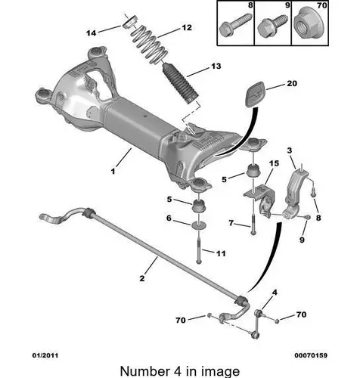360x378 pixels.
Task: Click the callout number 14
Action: pyautogui.click(x=92, y=33)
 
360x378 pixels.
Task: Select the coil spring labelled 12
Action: pyautogui.click(x=150, y=45)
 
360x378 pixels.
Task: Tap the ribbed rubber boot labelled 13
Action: pyautogui.click(x=181, y=84)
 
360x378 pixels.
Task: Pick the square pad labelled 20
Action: pyautogui.click(x=256, y=94)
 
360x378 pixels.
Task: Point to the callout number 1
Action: pyautogui.click(x=113, y=172)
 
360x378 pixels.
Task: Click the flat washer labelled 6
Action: pyautogui.click(x=199, y=225)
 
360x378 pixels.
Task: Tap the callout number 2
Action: pyautogui.click(x=142, y=278)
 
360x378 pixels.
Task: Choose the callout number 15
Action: pyautogui.click(x=274, y=163)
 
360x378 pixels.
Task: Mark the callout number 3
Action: pyautogui.click(x=290, y=150)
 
